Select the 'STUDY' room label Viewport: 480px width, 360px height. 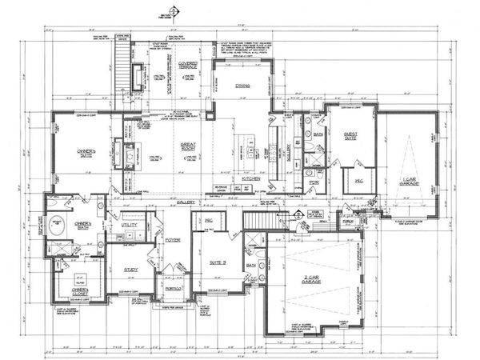tap(130, 270)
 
